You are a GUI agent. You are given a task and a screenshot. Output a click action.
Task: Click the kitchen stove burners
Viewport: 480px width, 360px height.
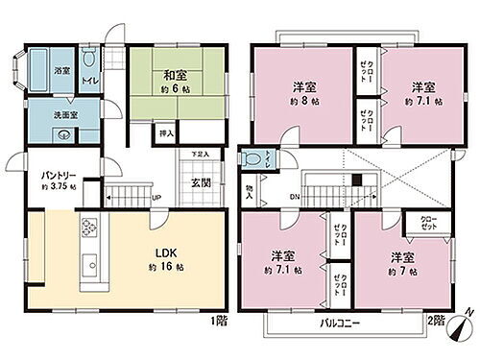89,229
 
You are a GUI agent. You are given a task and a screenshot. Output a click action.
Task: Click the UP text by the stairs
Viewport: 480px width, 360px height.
156,200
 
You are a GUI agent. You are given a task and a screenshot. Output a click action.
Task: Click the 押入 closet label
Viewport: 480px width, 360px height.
164,133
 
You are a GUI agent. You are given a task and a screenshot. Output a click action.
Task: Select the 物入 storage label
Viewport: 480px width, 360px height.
250,191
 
